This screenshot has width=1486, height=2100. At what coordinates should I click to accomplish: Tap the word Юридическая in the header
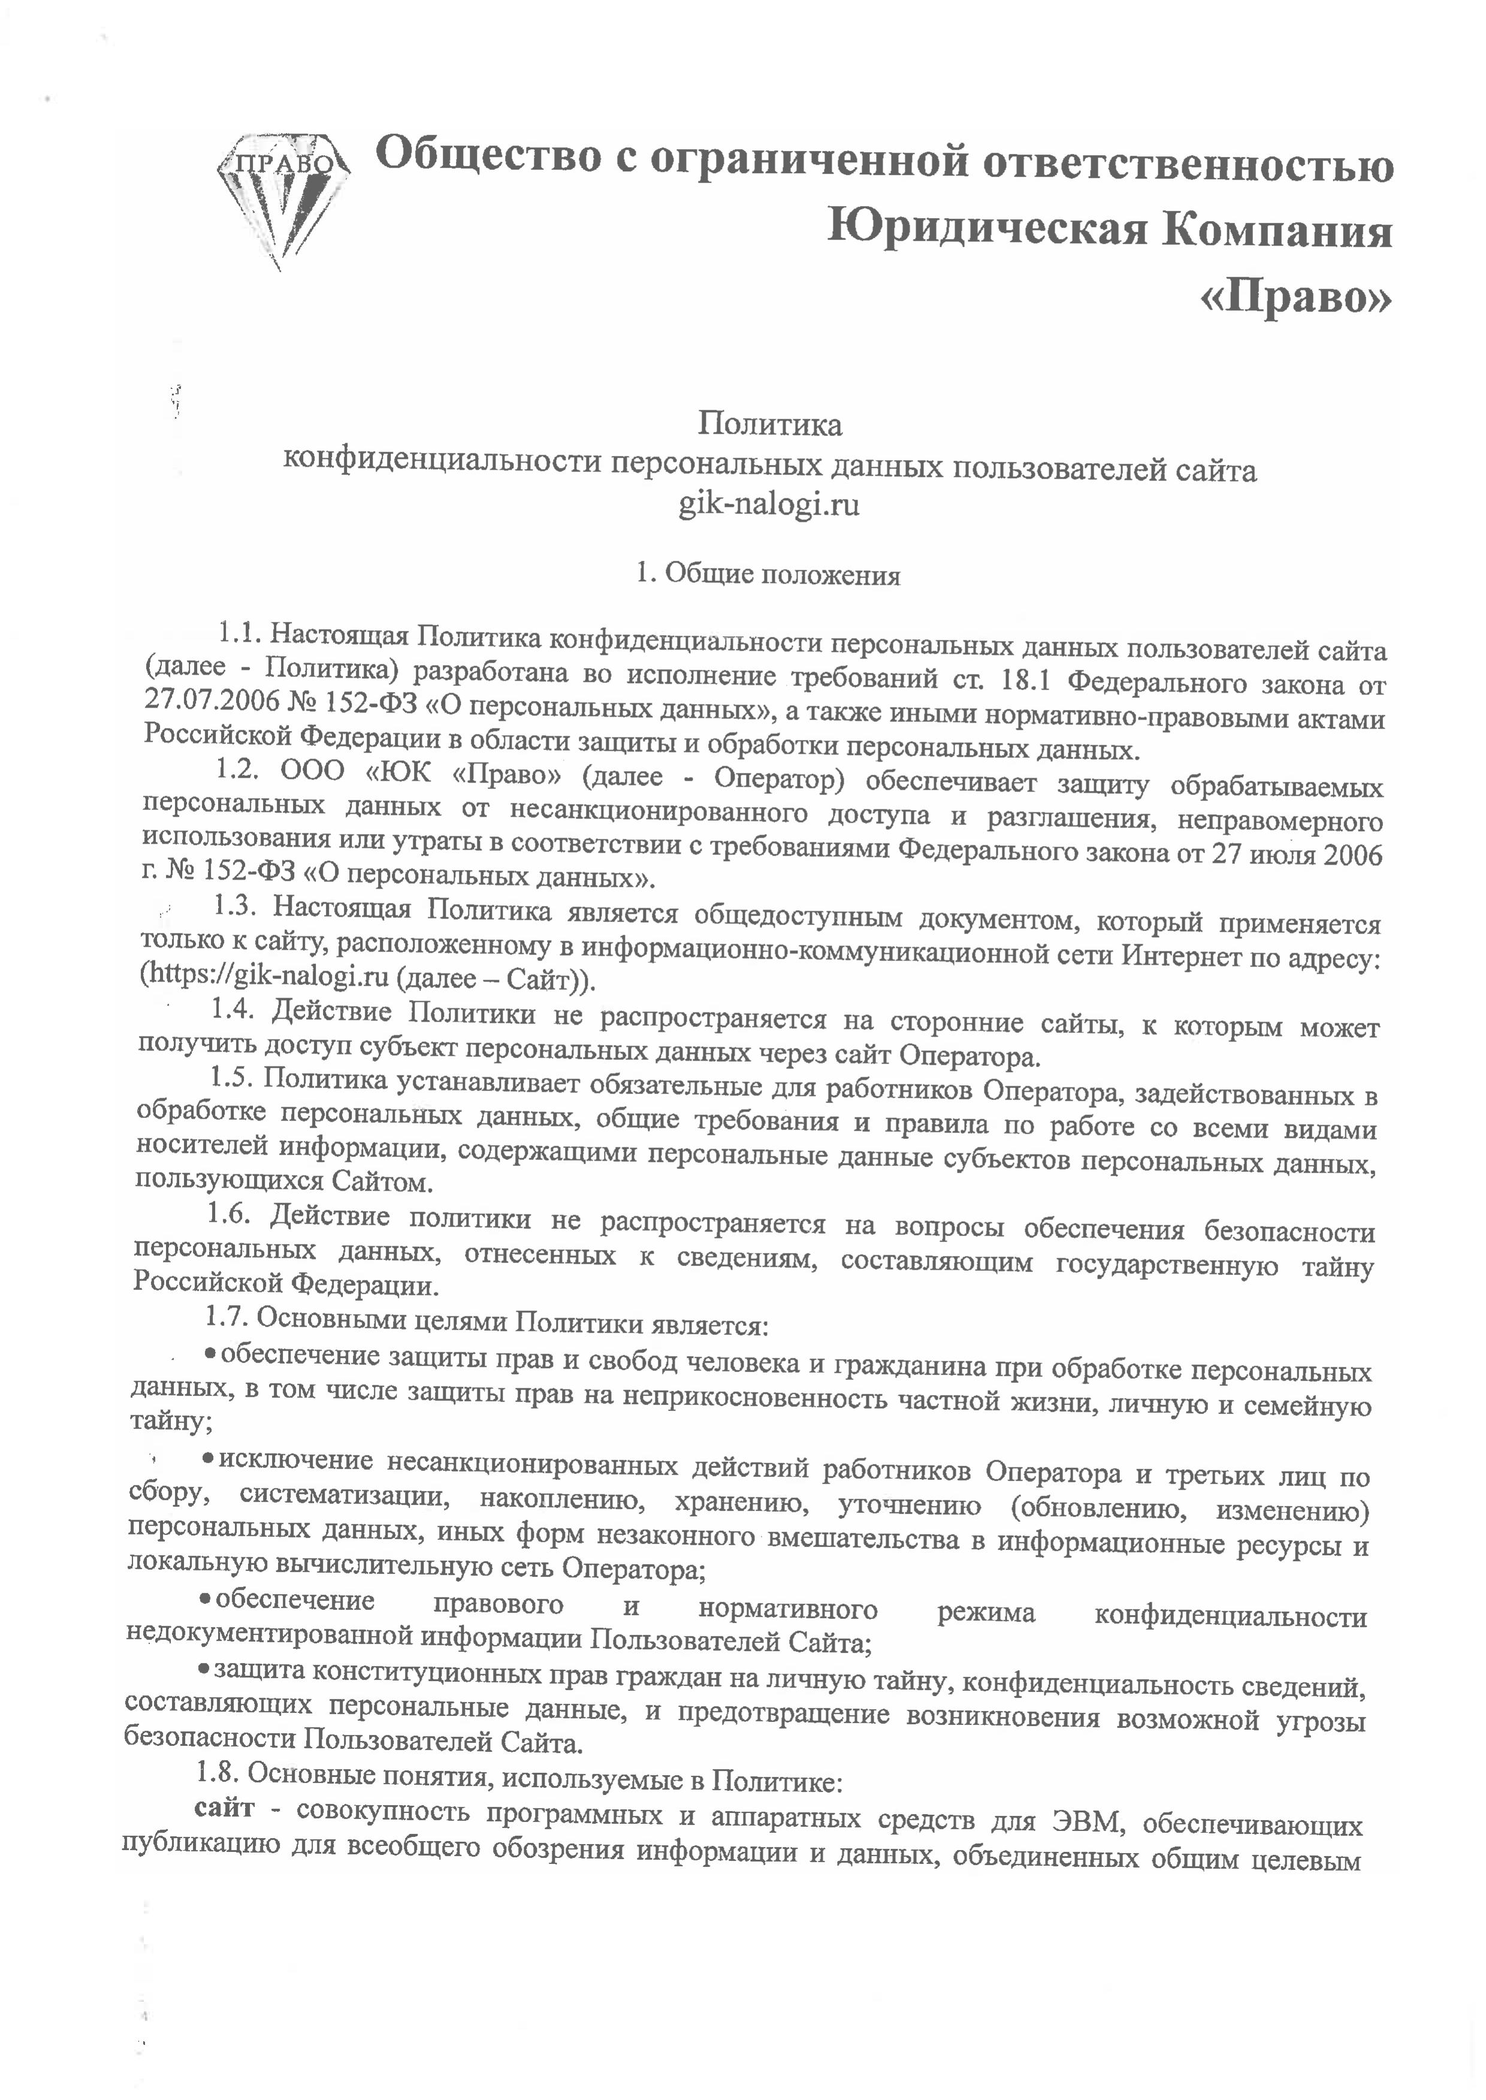click(984, 231)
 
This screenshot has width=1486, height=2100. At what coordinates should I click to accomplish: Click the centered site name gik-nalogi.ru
click(769, 504)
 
